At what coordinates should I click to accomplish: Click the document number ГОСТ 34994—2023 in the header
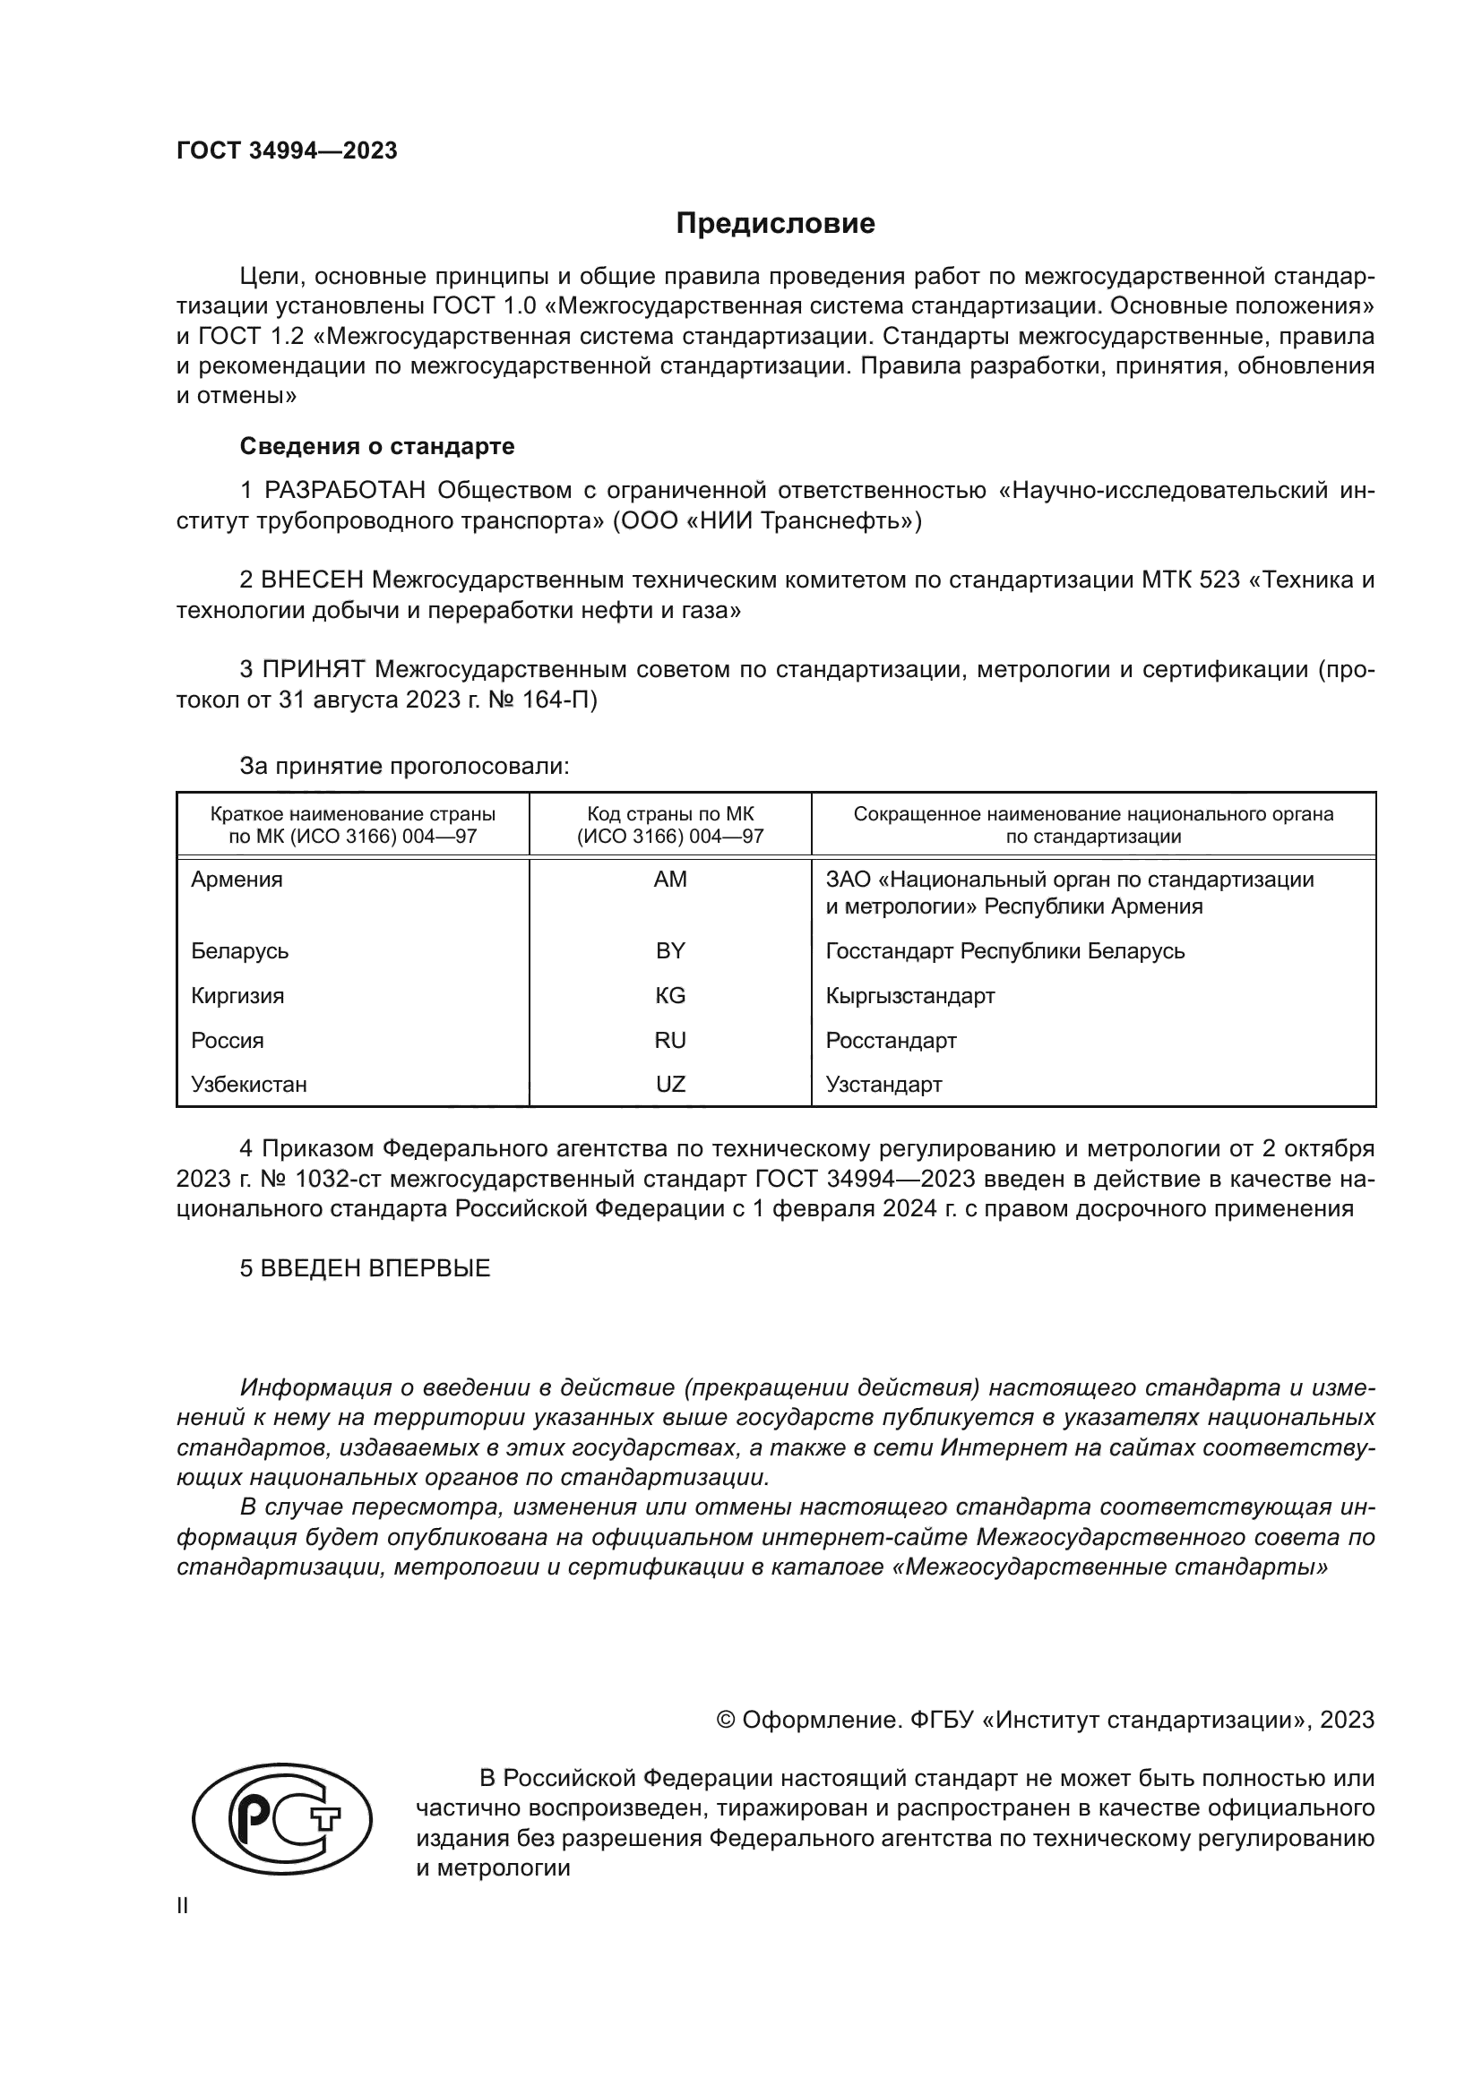(x=287, y=150)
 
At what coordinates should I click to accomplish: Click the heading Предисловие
(x=775, y=224)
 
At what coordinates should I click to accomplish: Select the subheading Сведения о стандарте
(x=377, y=446)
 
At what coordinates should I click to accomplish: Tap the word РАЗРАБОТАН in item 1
(x=345, y=491)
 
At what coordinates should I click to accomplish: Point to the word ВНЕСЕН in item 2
(x=311, y=580)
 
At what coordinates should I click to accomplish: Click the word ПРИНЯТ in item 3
(x=313, y=670)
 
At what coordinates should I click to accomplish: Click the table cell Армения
(x=237, y=880)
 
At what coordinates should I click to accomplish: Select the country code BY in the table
(x=670, y=951)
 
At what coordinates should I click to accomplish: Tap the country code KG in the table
(x=670, y=995)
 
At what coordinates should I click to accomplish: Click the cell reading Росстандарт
(x=891, y=1040)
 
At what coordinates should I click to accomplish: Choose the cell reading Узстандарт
(x=883, y=1085)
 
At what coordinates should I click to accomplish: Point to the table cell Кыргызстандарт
(x=909, y=995)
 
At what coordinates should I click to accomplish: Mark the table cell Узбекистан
(x=249, y=1085)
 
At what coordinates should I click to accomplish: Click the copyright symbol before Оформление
(x=726, y=1720)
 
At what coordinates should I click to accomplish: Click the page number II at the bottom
(x=183, y=1906)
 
